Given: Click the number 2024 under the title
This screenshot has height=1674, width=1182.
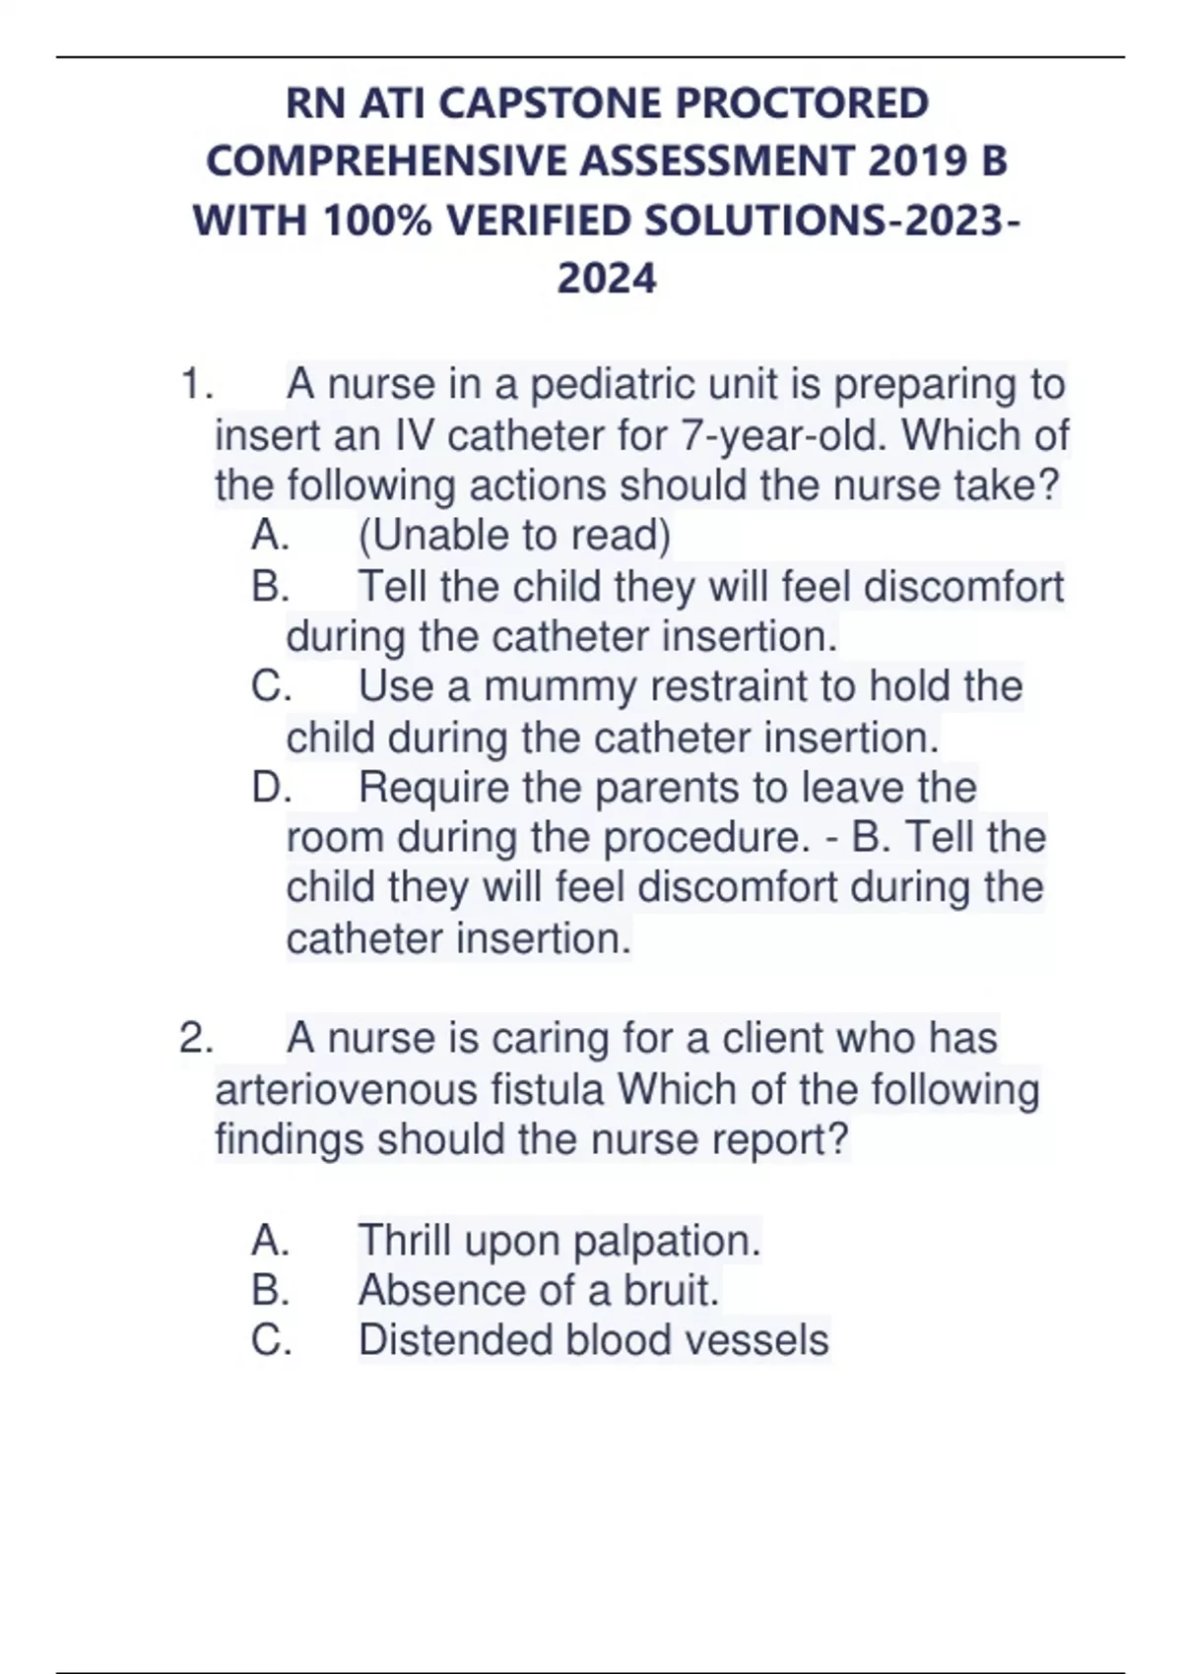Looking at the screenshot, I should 606,278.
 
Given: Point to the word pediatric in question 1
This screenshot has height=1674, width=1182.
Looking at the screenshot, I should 616,384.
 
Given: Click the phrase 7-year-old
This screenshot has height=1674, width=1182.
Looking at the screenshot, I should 783,435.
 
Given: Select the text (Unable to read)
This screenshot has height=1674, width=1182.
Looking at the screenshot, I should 513,536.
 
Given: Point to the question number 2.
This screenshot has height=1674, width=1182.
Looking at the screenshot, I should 195,1039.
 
